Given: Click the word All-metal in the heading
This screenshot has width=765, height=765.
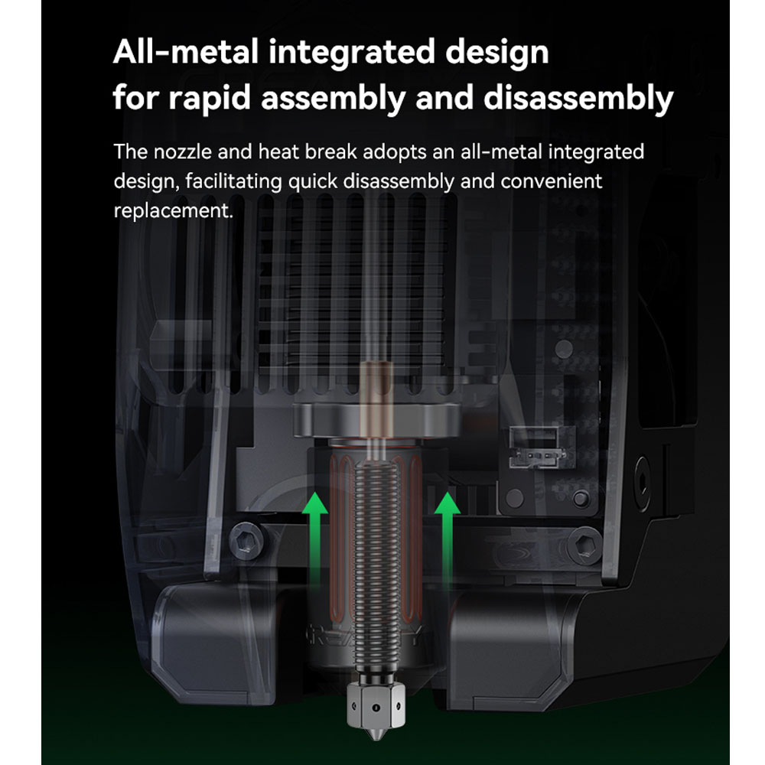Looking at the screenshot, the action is pos(185,51).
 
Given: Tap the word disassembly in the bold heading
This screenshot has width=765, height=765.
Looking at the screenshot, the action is pos(578,98).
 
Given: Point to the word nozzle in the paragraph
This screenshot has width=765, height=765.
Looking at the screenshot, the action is pos(183,151).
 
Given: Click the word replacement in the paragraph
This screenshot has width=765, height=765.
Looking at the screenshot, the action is pos(173,211).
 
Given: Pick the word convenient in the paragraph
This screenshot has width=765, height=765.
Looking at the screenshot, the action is pos(552,181).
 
